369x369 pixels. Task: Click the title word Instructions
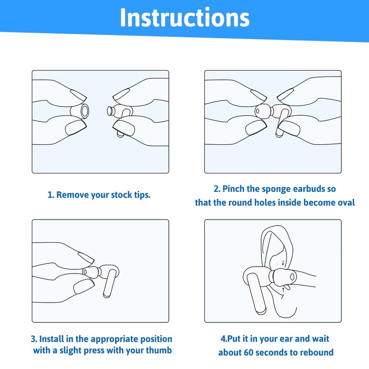click(x=185, y=18)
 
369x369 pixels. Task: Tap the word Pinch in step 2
click(x=233, y=189)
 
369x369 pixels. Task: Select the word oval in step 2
click(x=346, y=202)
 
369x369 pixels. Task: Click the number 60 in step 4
click(x=249, y=352)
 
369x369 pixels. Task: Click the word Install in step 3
click(x=52, y=339)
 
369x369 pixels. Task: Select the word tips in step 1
click(x=143, y=195)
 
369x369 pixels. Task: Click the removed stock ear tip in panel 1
click(x=80, y=111)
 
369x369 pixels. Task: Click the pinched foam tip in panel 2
click(x=263, y=111)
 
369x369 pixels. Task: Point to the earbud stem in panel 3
click(x=109, y=284)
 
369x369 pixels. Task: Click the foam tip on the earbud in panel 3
click(x=92, y=273)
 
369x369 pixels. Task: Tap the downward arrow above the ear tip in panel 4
click(x=283, y=262)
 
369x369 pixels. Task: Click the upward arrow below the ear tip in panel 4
click(x=283, y=290)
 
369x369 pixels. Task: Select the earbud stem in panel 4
click(x=256, y=294)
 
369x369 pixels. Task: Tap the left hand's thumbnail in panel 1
click(x=76, y=127)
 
